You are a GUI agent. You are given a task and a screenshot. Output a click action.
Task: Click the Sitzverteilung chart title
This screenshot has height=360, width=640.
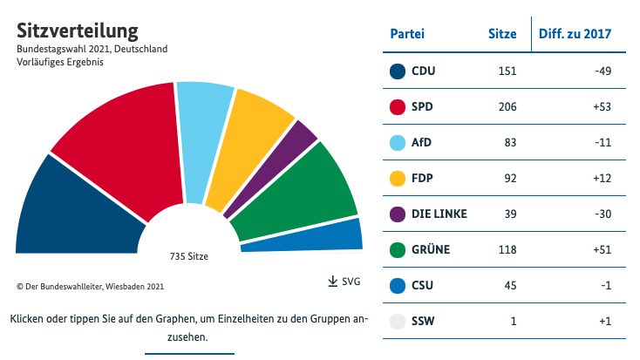click(78, 31)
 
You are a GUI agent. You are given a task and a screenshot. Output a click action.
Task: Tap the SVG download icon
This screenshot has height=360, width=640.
click(332, 282)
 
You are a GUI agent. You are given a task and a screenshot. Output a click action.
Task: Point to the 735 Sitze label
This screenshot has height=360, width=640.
click(188, 256)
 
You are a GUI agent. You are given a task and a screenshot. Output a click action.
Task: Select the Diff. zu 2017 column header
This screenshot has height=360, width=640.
click(575, 34)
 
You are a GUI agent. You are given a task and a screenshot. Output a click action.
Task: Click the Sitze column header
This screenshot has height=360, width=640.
click(501, 34)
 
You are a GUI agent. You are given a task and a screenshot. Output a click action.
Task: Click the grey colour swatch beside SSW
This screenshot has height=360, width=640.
click(398, 322)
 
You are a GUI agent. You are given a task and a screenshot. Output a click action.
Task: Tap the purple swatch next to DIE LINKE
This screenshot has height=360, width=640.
click(398, 214)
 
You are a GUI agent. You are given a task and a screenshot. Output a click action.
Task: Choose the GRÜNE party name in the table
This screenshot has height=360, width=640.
click(430, 250)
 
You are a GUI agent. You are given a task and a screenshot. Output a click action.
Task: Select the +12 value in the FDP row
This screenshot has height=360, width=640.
click(601, 179)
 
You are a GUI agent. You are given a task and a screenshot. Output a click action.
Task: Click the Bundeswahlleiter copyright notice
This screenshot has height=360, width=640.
click(90, 286)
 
